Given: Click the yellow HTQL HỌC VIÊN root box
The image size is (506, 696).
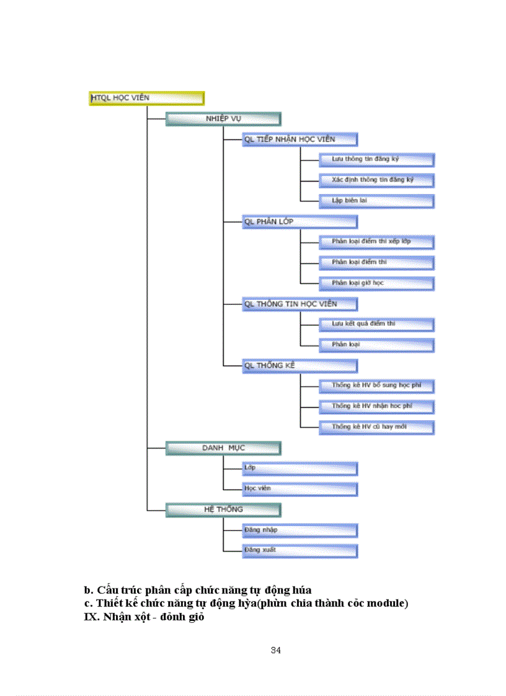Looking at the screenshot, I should (x=146, y=98).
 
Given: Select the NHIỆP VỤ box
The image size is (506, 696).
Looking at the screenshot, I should (x=223, y=118).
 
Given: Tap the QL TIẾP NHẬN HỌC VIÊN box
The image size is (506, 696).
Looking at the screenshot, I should (x=300, y=139).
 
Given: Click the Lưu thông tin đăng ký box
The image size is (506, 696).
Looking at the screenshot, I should (x=376, y=159).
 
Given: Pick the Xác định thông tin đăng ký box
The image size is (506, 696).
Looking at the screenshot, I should (x=376, y=180).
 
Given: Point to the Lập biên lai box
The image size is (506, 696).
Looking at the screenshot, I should (x=376, y=201).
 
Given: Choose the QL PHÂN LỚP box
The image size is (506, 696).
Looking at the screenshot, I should (x=300, y=221).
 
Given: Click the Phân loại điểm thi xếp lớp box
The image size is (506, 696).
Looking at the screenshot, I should (x=376, y=242).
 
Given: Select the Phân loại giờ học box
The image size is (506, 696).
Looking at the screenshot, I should (x=376, y=283).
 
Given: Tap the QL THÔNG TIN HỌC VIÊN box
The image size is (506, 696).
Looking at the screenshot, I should (x=300, y=304).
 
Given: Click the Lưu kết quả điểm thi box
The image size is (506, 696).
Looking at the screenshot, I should (x=376, y=324).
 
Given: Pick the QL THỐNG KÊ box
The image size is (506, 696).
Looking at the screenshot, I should (x=300, y=366).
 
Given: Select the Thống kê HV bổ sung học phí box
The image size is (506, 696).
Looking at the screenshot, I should (x=376, y=385).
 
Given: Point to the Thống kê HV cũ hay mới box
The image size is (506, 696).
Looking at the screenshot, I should (x=376, y=427).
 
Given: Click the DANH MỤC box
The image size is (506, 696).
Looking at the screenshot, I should (x=223, y=447).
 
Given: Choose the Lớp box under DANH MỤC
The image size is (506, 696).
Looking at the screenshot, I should (x=300, y=468).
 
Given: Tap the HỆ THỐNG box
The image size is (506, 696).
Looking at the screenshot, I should (x=223, y=509).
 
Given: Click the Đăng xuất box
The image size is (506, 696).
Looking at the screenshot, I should (x=300, y=550).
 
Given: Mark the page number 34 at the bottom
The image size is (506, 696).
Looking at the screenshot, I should (x=277, y=650).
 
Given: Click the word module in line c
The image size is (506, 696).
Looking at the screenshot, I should (x=388, y=603).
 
